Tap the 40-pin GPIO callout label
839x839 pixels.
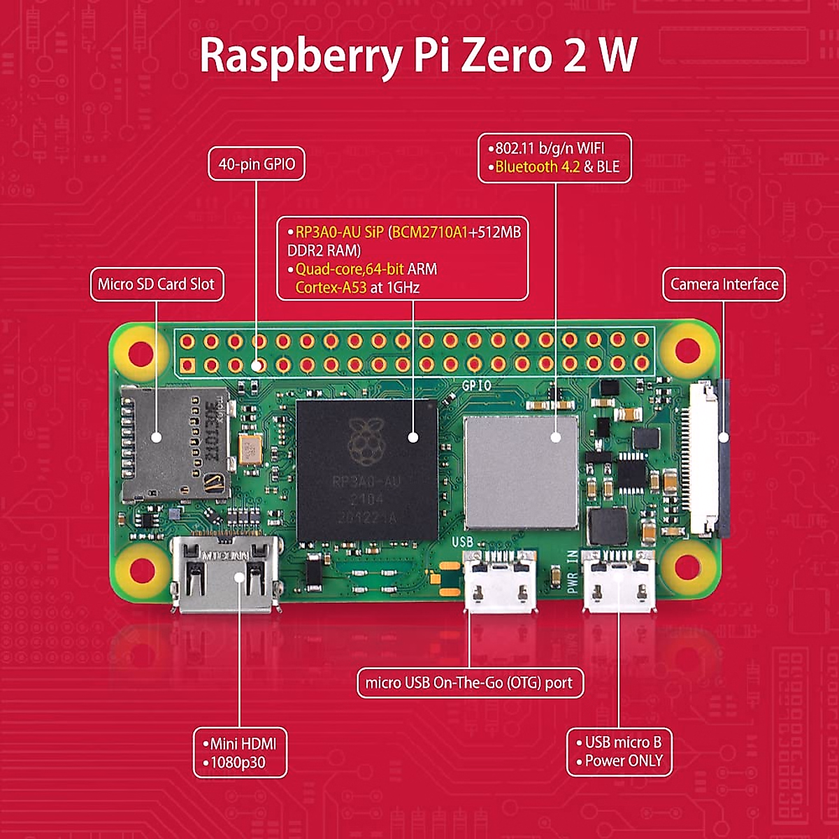(x=257, y=164)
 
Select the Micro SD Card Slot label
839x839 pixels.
(x=157, y=285)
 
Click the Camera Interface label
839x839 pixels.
(x=724, y=285)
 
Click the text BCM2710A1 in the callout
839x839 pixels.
(x=429, y=232)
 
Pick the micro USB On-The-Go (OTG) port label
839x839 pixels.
(x=469, y=683)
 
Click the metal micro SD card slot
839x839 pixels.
(x=175, y=444)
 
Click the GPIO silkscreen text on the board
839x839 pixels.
(x=476, y=385)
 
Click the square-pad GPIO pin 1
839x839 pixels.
(x=187, y=365)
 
